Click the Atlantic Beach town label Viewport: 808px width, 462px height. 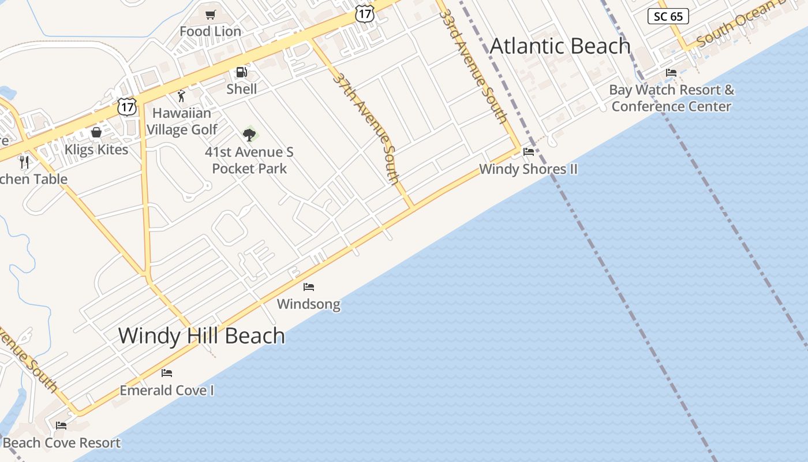tap(560, 46)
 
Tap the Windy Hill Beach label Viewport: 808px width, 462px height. tap(201, 336)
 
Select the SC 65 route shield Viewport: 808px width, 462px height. tap(668, 16)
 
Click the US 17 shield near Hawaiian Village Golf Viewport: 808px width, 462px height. tap(127, 106)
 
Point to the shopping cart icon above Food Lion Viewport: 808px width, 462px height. tap(211, 14)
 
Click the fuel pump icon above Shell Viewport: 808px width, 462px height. tap(241, 72)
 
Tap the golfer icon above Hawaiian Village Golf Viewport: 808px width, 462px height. tap(182, 96)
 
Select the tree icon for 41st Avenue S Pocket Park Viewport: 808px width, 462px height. tap(249, 135)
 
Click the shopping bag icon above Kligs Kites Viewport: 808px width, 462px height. tap(96, 133)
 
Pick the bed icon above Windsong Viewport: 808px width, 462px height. tap(309, 286)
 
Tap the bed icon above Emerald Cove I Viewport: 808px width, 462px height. tap(167, 372)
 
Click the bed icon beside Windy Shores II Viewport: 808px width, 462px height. tap(529, 152)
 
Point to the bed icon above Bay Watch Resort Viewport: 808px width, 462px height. tap(671, 73)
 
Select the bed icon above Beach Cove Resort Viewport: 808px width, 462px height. tap(61, 426)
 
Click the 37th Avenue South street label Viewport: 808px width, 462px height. tap(367, 128)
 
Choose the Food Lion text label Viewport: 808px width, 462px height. tap(210, 31)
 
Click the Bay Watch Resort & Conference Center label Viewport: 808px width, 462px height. tap(672, 98)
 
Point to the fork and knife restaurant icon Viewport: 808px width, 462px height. tap(24, 162)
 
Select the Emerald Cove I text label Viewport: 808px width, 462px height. tap(167, 390)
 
